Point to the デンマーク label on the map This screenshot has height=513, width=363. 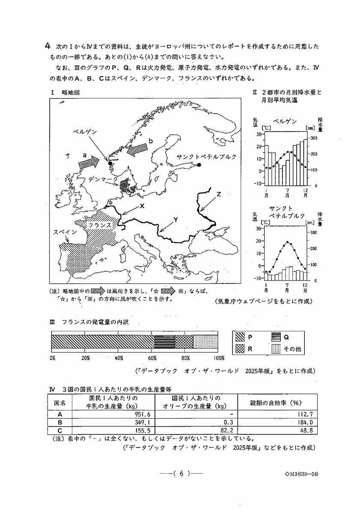[101, 180]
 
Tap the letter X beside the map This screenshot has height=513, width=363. [142, 206]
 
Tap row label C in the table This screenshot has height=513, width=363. [60, 430]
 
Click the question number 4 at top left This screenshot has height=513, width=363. [48, 46]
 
